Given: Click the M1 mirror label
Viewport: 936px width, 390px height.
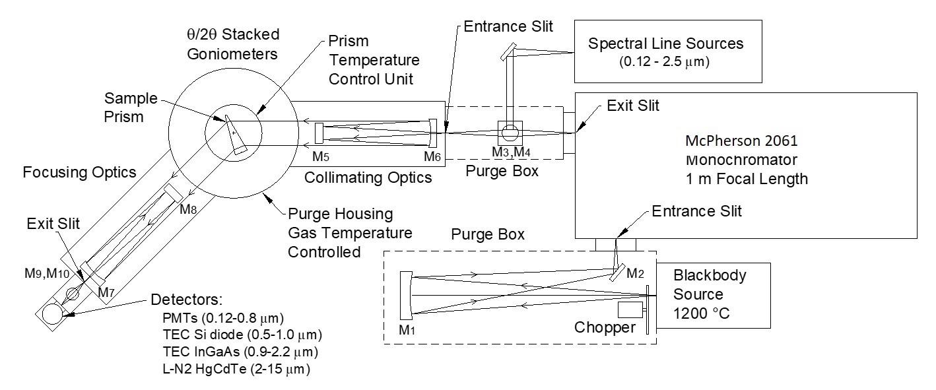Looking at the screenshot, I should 411,326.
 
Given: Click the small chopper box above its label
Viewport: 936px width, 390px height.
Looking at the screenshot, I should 630,309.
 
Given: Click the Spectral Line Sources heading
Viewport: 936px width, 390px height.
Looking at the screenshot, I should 666,44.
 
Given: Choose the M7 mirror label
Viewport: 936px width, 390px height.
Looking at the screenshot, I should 106,292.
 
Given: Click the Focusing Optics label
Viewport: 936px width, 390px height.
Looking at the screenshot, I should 79,173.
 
